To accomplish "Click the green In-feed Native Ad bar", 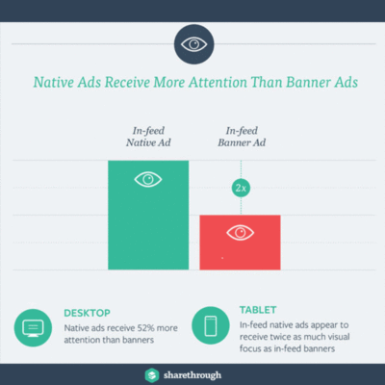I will (147, 221).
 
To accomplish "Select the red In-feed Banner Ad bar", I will (239, 245).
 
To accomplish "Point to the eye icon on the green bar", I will (147, 179).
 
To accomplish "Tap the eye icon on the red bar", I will (239, 231).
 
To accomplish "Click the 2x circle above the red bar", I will (240, 188).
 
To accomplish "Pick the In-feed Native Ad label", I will (148, 137).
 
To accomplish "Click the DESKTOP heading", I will (88, 314).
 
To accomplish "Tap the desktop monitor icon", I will (32, 328).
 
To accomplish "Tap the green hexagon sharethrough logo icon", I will (151, 373).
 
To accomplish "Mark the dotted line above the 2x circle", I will (240, 167).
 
